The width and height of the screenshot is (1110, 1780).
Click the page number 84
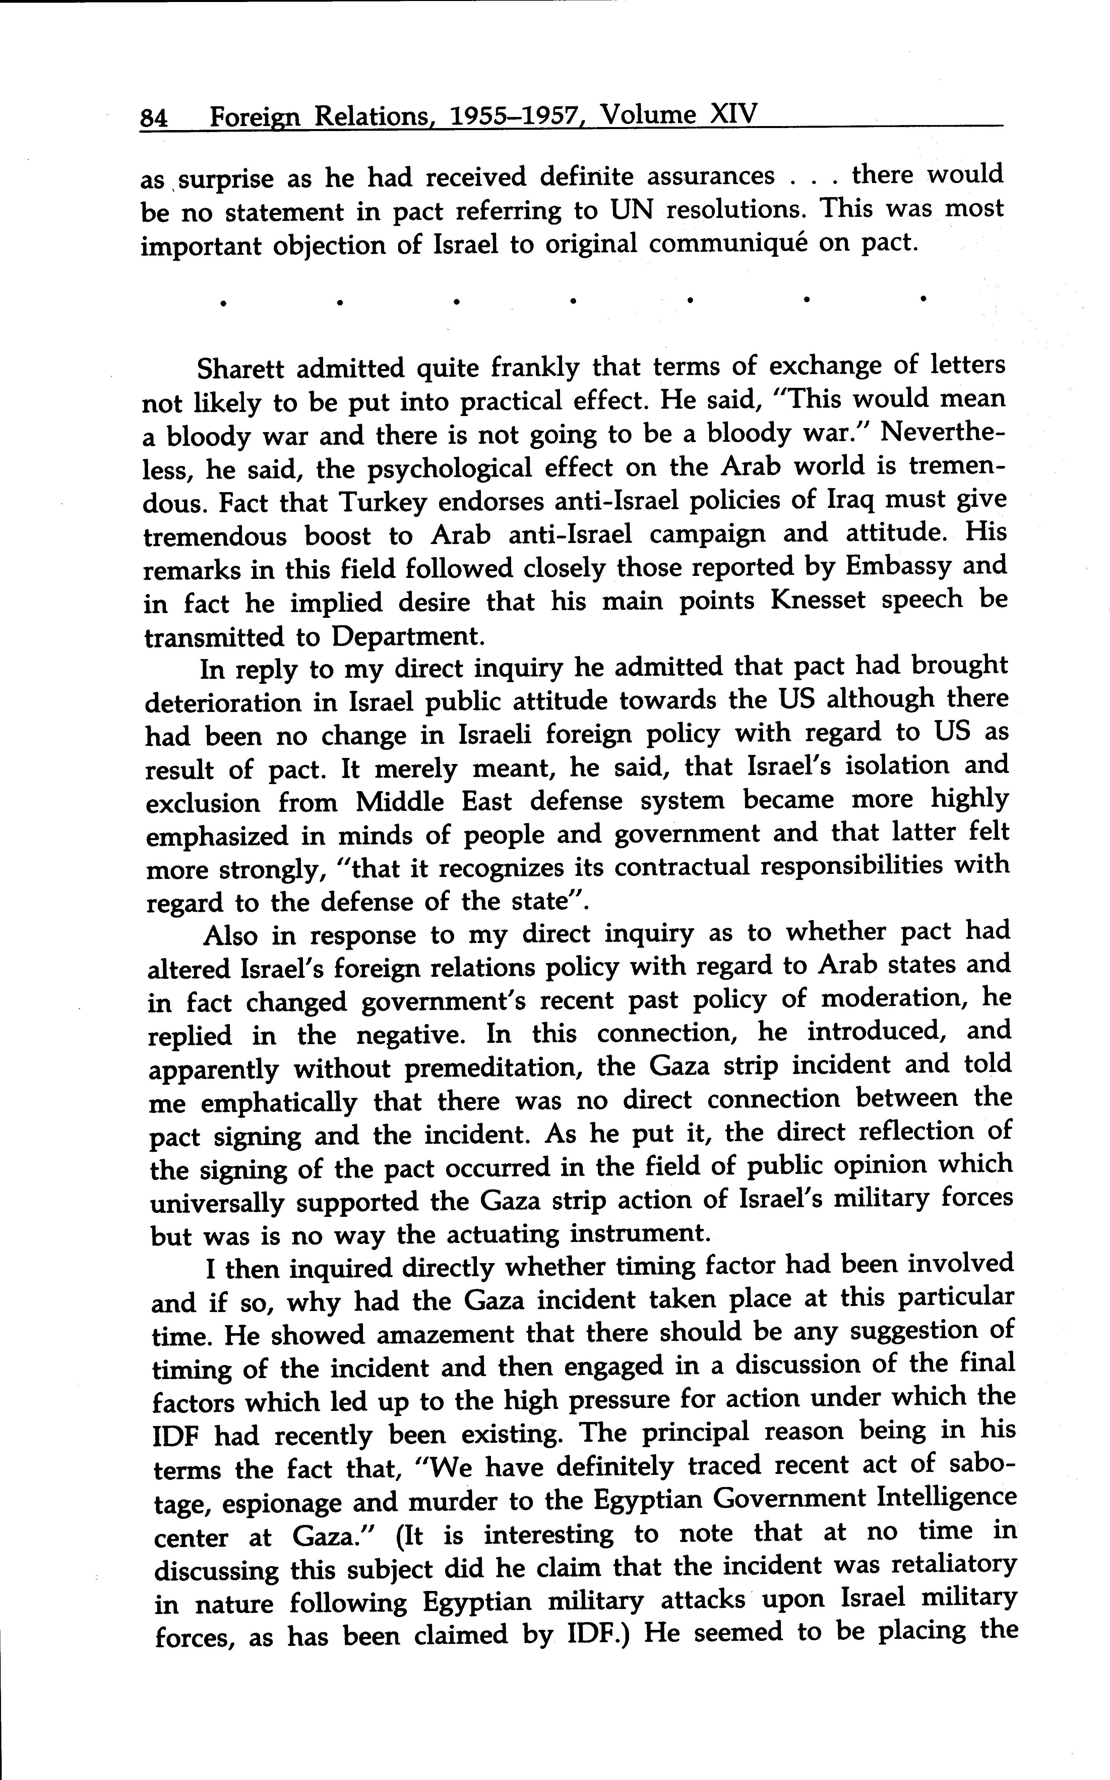click(x=155, y=117)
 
